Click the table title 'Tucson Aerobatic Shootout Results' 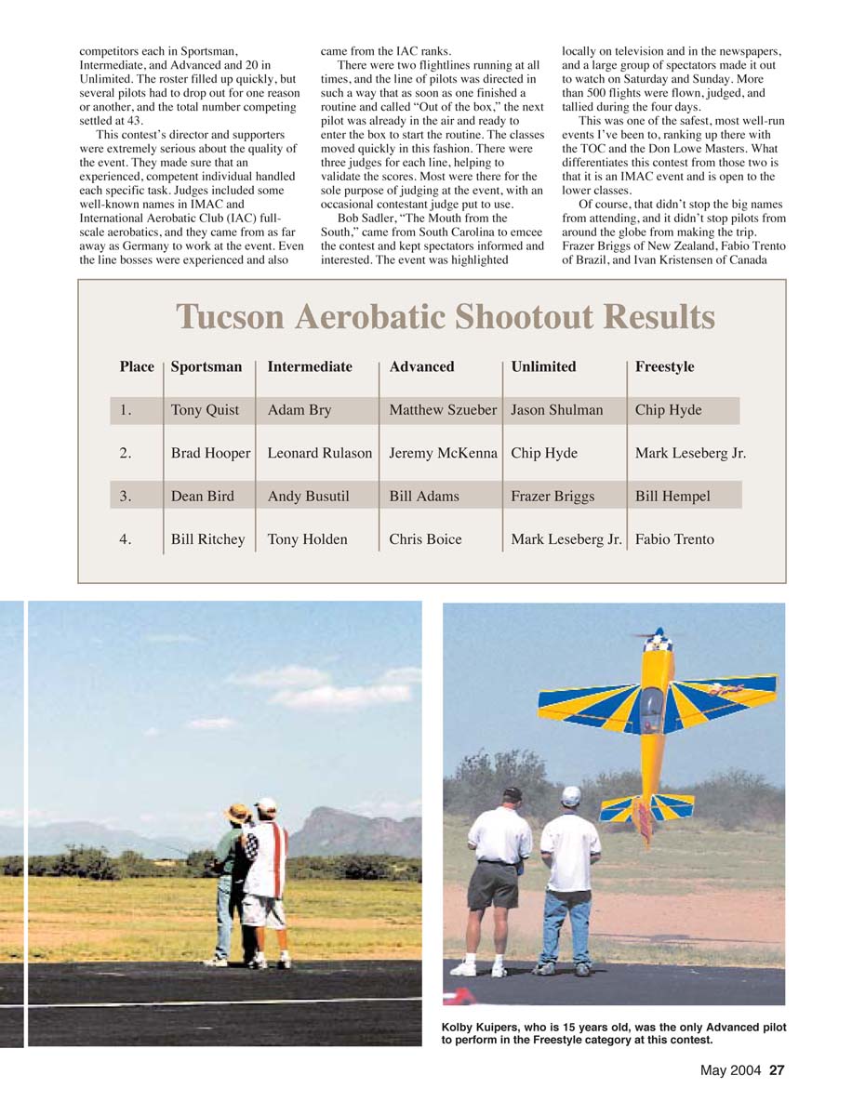(445, 318)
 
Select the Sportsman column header (206, 366)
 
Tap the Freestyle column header (664, 366)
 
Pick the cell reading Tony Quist (205, 410)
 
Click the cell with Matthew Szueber (443, 410)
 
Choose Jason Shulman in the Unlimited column (556, 410)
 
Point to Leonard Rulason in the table (319, 453)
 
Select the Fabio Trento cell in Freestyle (674, 539)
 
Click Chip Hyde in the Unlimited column (544, 453)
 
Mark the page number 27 (777, 1070)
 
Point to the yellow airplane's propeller (657, 636)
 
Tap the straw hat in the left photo (239, 812)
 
